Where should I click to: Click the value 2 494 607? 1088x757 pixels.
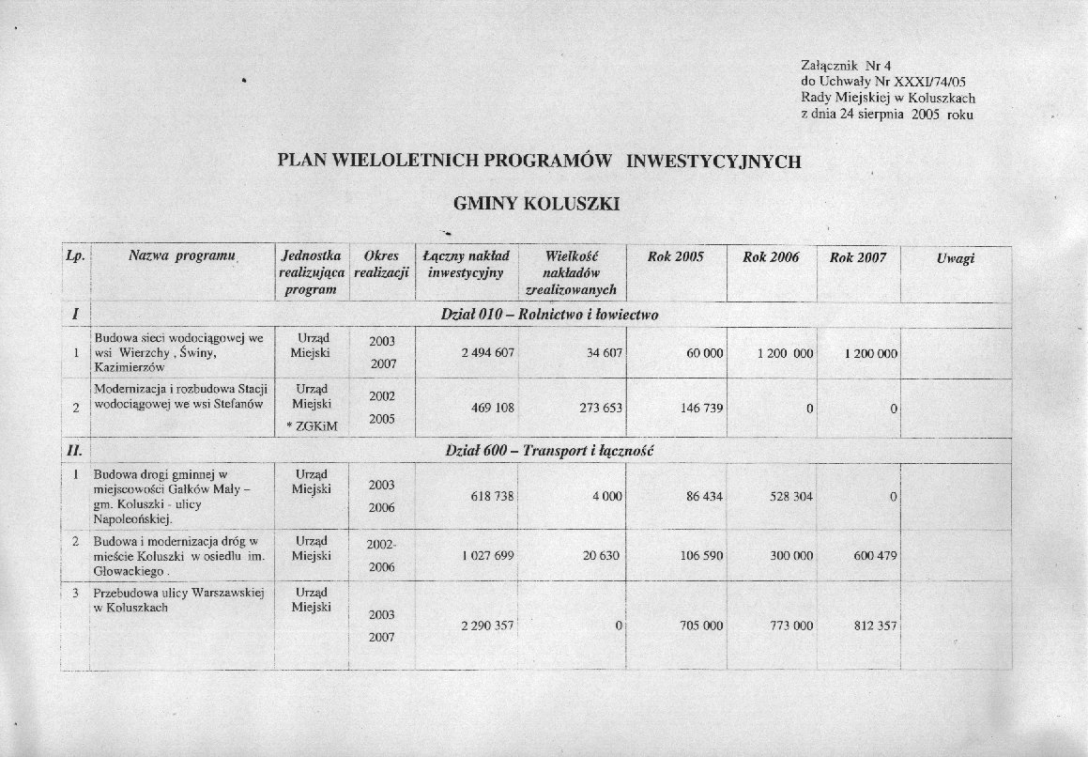(488, 354)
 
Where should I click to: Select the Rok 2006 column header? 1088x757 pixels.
(771, 257)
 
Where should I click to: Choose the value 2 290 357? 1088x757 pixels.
(487, 626)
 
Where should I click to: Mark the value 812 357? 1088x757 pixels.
(872, 626)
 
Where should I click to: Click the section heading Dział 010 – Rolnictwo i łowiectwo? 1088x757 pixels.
(549, 315)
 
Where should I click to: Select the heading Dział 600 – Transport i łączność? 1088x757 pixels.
(549, 452)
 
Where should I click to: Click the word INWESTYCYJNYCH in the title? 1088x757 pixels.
(713, 161)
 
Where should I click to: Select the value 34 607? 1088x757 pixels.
(602, 354)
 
